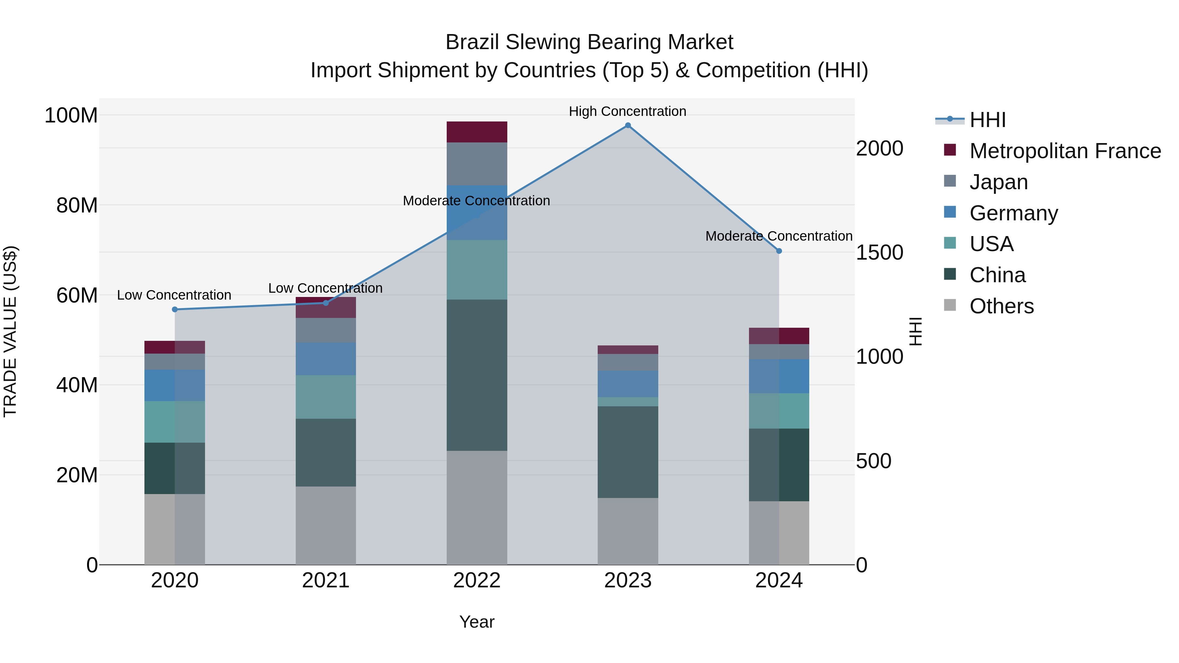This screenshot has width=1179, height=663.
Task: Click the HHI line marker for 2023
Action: [x=627, y=125]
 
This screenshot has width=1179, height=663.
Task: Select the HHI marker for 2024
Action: [x=779, y=251]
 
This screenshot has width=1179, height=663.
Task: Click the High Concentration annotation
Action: [x=627, y=111]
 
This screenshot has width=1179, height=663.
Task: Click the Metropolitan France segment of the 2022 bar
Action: [x=477, y=132]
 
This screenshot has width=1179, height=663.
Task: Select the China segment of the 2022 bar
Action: [x=477, y=375]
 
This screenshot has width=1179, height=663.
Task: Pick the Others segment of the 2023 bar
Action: [x=627, y=531]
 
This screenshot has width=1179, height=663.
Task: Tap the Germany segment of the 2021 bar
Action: [x=326, y=359]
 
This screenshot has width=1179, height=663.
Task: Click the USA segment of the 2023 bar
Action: [x=627, y=402]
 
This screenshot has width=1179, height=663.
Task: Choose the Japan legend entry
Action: [x=998, y=182]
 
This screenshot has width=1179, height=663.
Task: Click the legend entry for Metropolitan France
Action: [x=1065, y=151]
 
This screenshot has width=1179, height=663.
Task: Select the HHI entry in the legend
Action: [x=987, y=120]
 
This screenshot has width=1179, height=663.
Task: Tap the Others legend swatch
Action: [x=950, y=305]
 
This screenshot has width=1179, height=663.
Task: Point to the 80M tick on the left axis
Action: [x=77, y=205]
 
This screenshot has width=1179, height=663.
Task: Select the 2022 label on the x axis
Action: [x=477, y=580]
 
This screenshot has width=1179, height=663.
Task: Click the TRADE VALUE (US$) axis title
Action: [x=10, y=331]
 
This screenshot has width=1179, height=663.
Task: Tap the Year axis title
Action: [x=477, y=622]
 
